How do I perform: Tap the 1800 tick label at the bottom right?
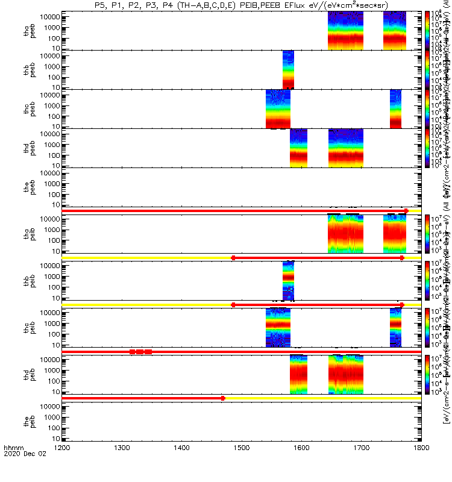pyautogui.click(x=421, y=465)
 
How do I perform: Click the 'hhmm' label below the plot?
pyautogui.click(x=13, y=465)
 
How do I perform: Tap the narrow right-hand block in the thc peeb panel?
pyautogui.click(x=395, y=108)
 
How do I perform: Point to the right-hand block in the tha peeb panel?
pyautogui.click(x=395, y=31)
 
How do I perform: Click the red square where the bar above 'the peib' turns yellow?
pyautogui.click(x=223, y=398)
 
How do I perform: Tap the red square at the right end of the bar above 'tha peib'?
pyautogui.click(x=406, y=211)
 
